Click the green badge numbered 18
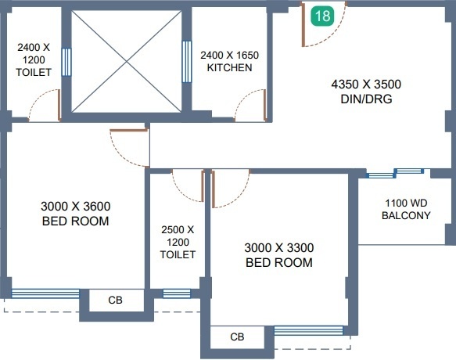click(x=322, y=16)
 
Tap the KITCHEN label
click(x=229, y=67)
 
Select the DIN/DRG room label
click(x=366, y=99)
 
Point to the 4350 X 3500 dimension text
click(x=366, y=85)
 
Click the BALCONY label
click(x=406, y=215)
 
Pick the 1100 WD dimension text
click(x=406, y=203)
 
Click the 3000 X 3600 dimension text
click(x=76, y=207)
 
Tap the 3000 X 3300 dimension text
click(x=279, y=248)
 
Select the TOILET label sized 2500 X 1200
click(x=178, y=254)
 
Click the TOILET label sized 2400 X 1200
click(x=34, y=72)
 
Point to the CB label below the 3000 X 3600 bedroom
click(x=115, y=300)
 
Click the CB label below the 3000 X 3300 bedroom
click(x=237, y=337)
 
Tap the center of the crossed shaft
click(x=127, y=61)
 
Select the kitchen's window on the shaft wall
click(x=187, y=62)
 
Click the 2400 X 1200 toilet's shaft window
click(x=66, y=62)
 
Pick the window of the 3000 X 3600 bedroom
click(x=45, y=293)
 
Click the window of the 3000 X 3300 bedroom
click(x=308, y=330)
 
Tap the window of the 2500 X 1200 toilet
click(x=177, y=293)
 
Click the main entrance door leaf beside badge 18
click(x=303, y=25)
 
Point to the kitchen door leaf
click(x=265, y=105)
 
